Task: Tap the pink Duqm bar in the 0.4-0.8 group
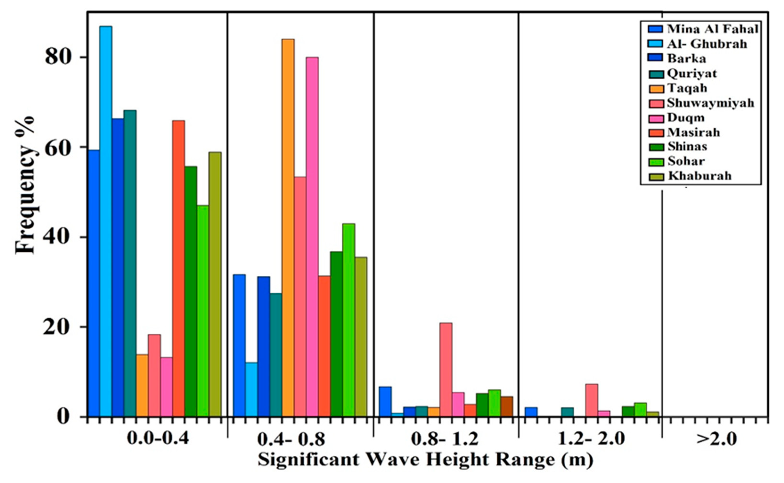coord(312,236)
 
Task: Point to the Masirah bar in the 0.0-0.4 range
coord(178,268)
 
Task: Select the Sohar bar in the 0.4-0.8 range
coord(348,319)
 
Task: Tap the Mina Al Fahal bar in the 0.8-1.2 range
coord(385,402)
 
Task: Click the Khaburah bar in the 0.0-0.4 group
coord(215,284)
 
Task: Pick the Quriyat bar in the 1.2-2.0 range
coord(567,412)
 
